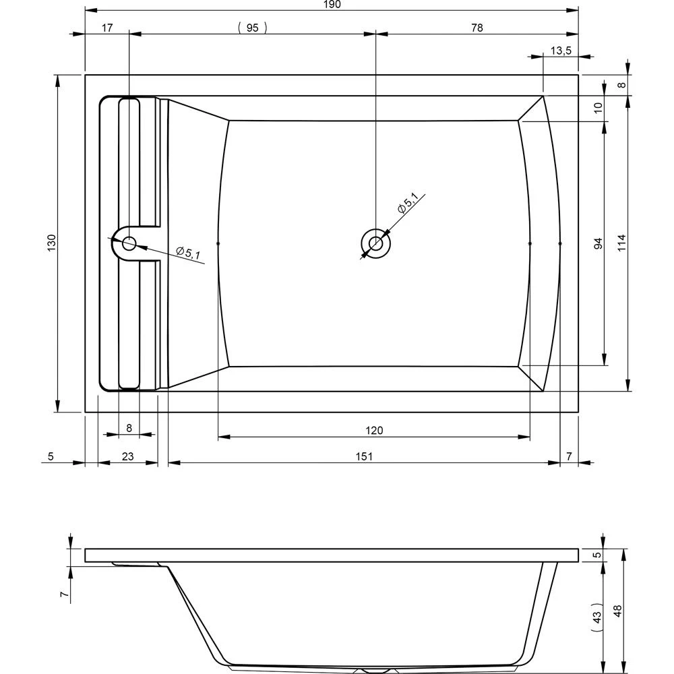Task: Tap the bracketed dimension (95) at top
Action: pyautogui.click(x=253, y=28)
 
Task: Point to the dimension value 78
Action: pyautogui.click(x=477, y=28)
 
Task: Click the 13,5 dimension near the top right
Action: pyautogui.click(x=561, y=51)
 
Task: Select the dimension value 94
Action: pyautogui.click(x=598, y=243)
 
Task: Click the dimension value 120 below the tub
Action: pyautogui.click(x=374, y=431)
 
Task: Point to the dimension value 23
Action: pyautogui.click(x=127, y=456)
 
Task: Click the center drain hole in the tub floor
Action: pyautogui.click(x=375, y=243)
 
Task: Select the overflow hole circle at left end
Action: pyautogui.click(x=128, y=244)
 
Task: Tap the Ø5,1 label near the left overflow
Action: pyautogui.click(x=188, y=252)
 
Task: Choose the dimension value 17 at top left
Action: pyautogui.click(x=106, y=28)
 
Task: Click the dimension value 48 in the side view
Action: pyautogui.click(x=619, y=610)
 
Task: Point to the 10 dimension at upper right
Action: pyautogui.click(x=598, y=109)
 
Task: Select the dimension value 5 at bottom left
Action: pyautogui.click(x=51, y=456)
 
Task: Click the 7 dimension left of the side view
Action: pyautogui.click(x=62, y=594)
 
